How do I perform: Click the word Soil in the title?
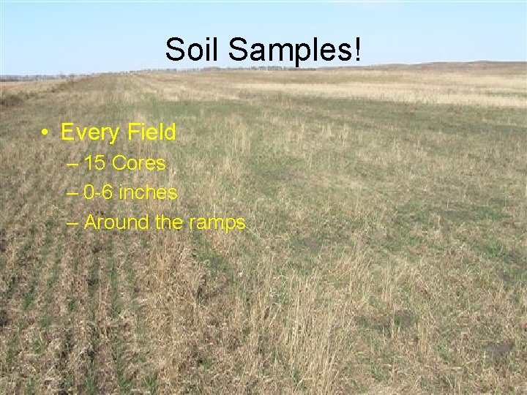[x=193, y=50]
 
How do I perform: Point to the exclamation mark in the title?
[x=358, y=50]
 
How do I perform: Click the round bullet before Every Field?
[x=45, y=133]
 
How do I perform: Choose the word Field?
[x=150, y=132]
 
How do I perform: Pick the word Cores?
[x=138, y=163]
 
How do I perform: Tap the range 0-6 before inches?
[x=99, y=193]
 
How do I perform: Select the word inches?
[x=149, y=193]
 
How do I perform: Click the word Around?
[x=117, y=222]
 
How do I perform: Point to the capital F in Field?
[x=132, y=132]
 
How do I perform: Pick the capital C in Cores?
[x=119, y=163]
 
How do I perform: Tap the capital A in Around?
[x=91, y=222]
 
